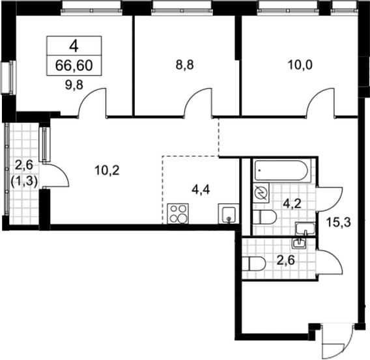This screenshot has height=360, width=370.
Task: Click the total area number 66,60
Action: pos(74,66)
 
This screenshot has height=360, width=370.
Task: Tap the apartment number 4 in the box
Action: pos(74,46)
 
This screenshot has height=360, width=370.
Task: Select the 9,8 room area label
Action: pos(74,85)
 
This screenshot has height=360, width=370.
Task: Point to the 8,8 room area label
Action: pos(184,65)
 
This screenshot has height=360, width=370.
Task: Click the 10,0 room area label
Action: pos(300,65)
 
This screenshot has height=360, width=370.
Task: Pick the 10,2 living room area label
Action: pos(107,170)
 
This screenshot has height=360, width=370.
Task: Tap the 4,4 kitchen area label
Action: pos(201,190)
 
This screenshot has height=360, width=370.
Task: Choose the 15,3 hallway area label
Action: pos(339,222)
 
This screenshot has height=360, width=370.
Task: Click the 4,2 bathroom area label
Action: pos(292,204)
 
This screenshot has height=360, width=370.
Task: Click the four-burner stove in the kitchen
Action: pos(178,214)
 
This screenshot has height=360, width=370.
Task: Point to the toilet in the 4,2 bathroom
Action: pos(264,217)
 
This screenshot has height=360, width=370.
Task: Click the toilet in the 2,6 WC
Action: pos(254,264)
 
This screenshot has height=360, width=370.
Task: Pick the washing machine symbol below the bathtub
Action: pos(261,193)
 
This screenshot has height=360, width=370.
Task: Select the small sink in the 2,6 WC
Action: pos(299,243)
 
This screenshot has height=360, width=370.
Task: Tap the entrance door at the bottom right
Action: pos(336,341)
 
